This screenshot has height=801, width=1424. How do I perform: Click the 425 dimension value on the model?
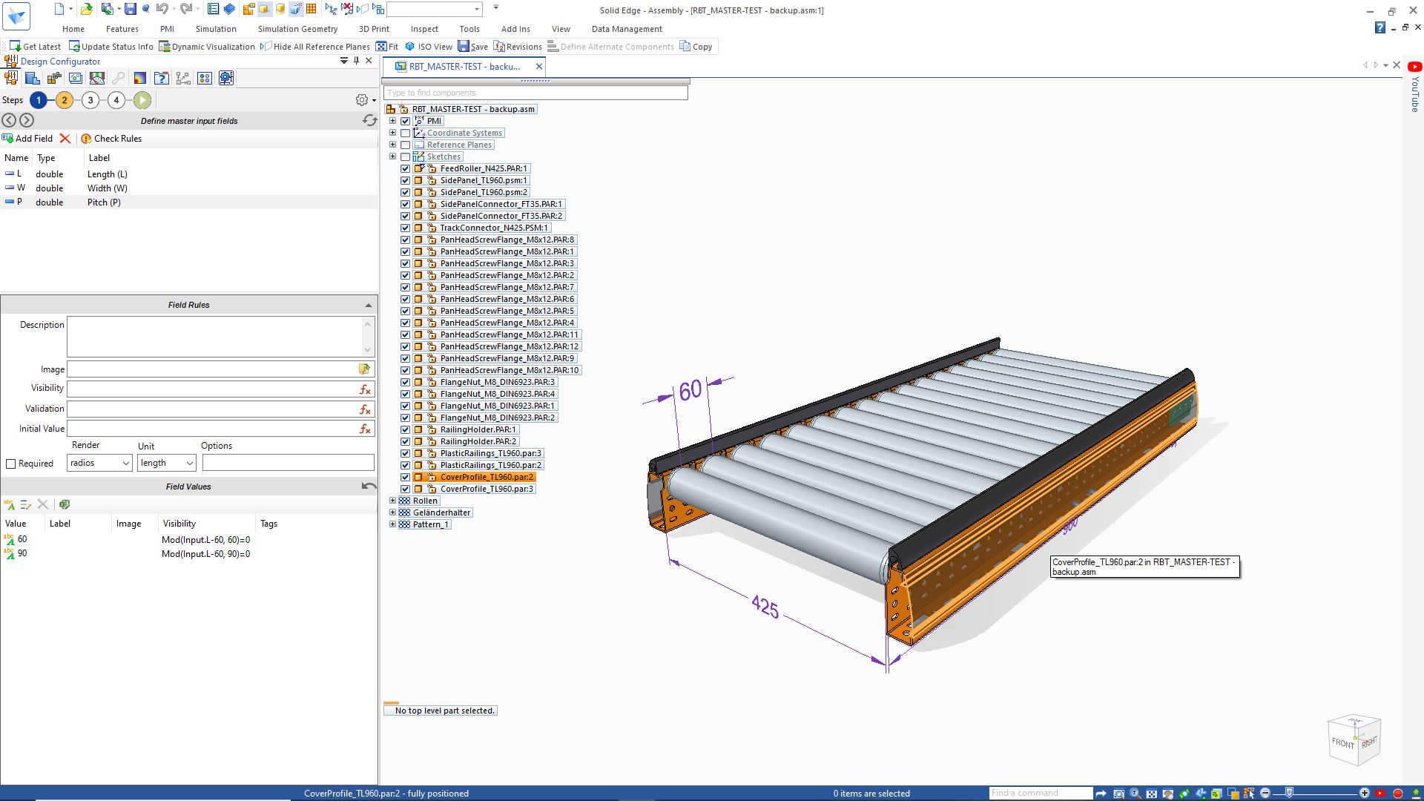pos(765,607)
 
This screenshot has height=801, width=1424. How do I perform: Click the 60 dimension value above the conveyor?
pos(690,390)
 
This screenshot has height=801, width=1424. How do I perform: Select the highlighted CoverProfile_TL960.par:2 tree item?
pos(487,477)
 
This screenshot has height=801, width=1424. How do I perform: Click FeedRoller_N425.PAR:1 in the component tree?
pos(484,168)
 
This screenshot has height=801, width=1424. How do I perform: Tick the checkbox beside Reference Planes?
pos(406,145)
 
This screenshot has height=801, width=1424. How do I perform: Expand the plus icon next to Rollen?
pos(393,501)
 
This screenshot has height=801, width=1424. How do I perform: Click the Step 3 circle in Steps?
pos(90,100)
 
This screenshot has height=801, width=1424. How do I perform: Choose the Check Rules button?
pos(111,139)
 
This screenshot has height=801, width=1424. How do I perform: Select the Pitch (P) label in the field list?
pos(104,202)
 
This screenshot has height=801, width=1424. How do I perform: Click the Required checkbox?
pos(11,464)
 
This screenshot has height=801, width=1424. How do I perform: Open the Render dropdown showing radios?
pos(99,464)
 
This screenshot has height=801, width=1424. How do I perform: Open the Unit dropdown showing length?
pos(166,464)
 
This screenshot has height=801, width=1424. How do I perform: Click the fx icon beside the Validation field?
pos(365,409)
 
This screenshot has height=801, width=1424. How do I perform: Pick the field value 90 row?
pos(22,553)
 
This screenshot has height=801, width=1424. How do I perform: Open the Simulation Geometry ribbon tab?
pos(297,29)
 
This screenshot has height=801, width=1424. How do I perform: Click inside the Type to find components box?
pos(535,93)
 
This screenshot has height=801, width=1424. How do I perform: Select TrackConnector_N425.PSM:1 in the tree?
pos(494,228)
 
